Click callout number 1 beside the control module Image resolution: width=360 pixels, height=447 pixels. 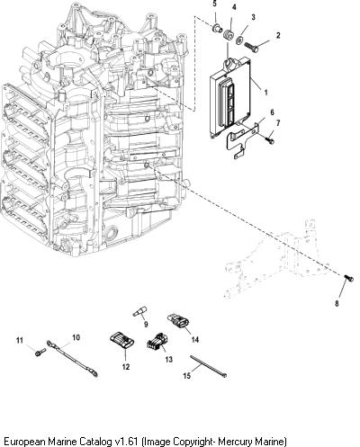[265, 92]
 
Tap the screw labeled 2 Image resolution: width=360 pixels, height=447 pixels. [251, 48]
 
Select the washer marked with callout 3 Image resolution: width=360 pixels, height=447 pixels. [240, 40]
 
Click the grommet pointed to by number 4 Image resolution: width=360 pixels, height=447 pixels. [229, 35]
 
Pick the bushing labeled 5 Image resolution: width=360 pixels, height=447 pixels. [217, 29]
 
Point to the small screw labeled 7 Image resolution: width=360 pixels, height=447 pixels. [270, 139]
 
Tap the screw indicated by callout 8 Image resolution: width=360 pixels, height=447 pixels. [348, 278]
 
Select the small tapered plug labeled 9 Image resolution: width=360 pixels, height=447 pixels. [139, 311]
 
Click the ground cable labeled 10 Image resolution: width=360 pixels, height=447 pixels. [72, 359]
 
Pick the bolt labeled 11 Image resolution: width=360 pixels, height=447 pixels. [40, 353]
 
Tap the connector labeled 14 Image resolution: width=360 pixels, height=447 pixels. [178, 321]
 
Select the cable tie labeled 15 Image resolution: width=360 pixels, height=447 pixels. [208, 366]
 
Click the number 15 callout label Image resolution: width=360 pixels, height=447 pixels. [186, 375]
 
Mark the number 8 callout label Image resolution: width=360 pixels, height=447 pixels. [337, 303]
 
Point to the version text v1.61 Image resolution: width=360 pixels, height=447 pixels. [127, 442]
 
